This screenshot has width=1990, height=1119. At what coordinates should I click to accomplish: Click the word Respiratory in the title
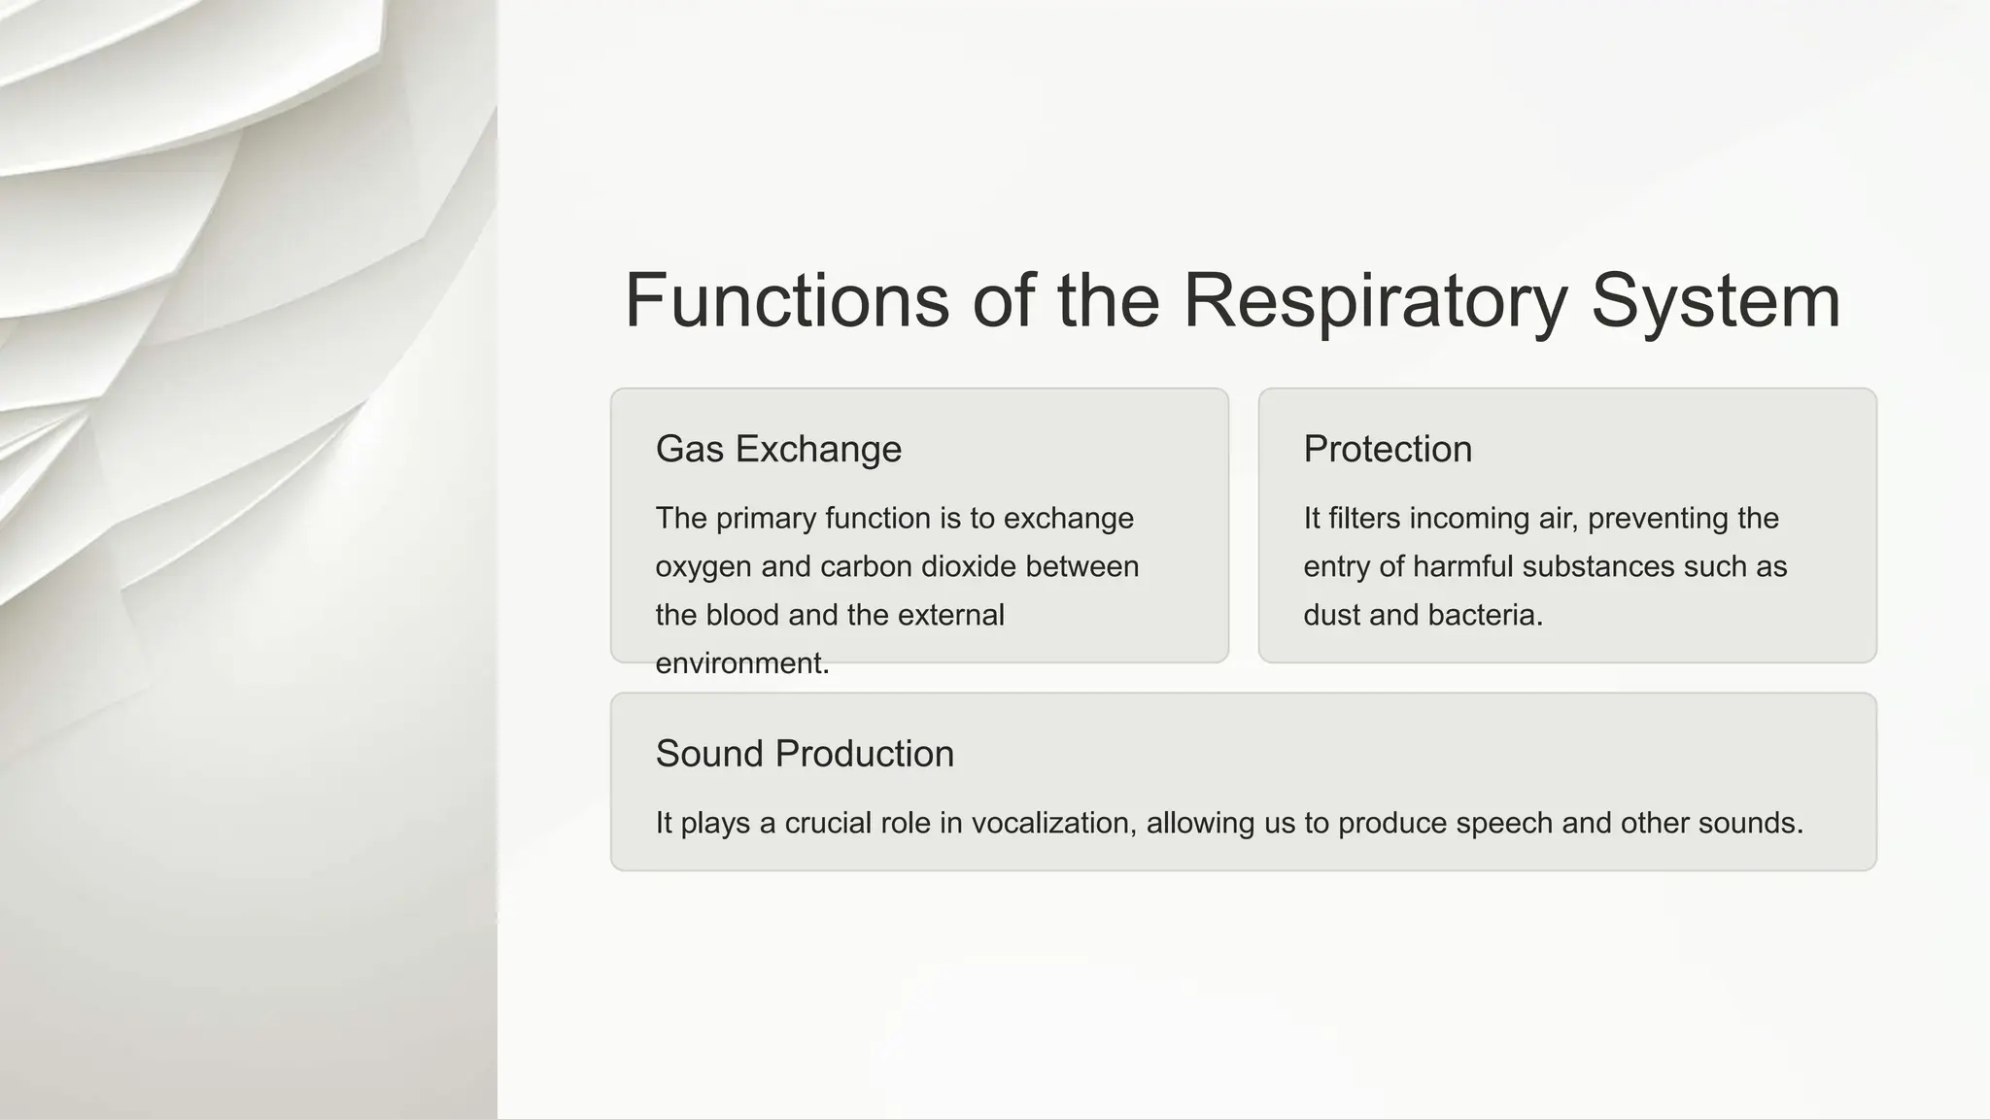tap(1374, 301)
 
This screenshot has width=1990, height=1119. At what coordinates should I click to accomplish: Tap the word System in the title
tap(1715, 301)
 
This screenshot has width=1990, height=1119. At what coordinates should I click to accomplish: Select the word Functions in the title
tap(786, 301)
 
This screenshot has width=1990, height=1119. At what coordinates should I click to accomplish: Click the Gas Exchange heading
tap(778, 449)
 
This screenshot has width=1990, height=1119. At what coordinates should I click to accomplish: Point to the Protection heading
tap(1388, 449)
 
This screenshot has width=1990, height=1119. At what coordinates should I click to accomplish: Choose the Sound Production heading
tap(805, 754)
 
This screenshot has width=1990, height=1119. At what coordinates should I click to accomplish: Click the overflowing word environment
tap(740, 663)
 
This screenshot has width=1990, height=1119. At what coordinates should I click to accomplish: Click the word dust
tap(1331, 615)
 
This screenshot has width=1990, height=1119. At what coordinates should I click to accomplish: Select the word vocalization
tap(1053, 823)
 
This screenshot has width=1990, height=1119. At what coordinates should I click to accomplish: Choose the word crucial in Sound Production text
tap(828, 823)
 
